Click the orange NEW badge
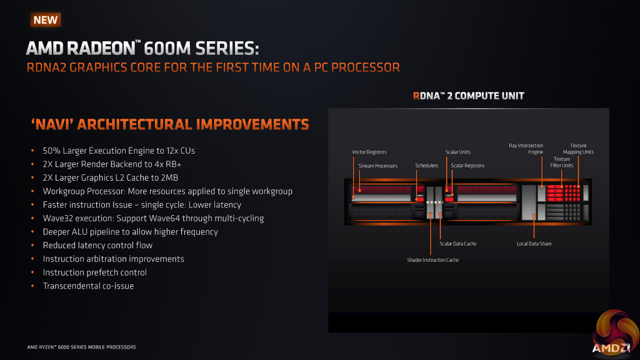[x=46, y=19]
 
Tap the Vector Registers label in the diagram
[x=369, y=152]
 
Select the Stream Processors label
[x=377, y=166]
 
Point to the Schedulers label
[x=427, y=166]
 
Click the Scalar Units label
[x=457, y=152]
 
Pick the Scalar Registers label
[x=467, y=166]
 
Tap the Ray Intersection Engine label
[x=526, y=149]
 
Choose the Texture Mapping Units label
[x=578, y=149]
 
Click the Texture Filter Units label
[x=561, y=162]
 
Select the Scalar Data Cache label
[x=457, y=244]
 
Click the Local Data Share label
[x=534, y=244]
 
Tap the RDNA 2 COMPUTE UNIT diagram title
[x=468, y=96]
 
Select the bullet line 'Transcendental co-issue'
[x=88, y=286]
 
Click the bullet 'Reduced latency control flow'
[x=97, y=245]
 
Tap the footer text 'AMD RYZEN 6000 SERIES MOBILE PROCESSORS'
[x=81, y=347]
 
